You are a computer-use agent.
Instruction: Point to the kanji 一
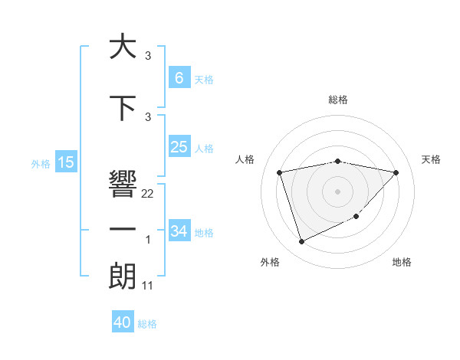pos(123,230)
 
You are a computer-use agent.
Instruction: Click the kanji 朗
pos(123,276)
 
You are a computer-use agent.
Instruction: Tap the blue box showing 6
pos(179,77)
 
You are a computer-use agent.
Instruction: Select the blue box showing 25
pos(179,147)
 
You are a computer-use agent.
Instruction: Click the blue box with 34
pos(179,231)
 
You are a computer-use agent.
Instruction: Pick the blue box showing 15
pos(66,162)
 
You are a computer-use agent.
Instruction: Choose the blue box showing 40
pos(123,322)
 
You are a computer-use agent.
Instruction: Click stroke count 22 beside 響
pos(148,194)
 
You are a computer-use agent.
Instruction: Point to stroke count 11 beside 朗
pos(148,286)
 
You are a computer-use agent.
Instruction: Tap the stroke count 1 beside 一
pos(148,241)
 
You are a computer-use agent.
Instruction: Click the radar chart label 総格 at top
pos(338,100)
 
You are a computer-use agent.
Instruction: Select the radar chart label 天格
pos(431,159)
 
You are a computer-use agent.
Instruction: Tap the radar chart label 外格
pos(270,263)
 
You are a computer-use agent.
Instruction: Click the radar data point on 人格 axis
pos(280,172)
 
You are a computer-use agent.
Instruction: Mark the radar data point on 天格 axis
pos(396,172)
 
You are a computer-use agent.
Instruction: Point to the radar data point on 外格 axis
pos(301,242)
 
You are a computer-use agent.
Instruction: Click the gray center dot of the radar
pos(338,191)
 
